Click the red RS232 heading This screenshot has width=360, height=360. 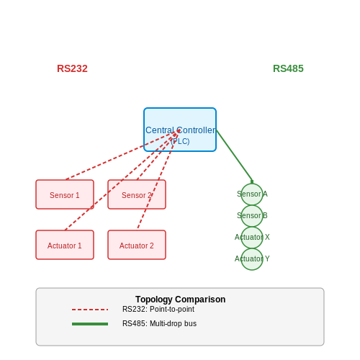point(72,68)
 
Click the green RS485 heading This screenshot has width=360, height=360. point(288,68)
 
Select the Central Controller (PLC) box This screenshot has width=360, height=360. point(180,130)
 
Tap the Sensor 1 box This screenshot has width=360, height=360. point(65,194)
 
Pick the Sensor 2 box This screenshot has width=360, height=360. point(137,194)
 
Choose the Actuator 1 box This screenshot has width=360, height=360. point(65,245)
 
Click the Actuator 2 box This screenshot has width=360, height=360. point(137,245)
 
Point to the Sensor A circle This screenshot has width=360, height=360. point(252,194)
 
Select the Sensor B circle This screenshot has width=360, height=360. point(252,216)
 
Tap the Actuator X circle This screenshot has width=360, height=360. point(252,238)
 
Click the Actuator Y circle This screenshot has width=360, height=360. point(252,259)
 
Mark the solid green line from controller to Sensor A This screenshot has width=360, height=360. point(234,156)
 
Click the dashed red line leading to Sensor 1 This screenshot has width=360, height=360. point(122,155)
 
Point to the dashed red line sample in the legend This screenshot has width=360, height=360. point(90,310)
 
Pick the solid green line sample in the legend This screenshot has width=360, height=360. point(90,324)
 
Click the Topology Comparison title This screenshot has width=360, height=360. point(181,300)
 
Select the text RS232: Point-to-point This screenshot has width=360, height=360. point(158,309)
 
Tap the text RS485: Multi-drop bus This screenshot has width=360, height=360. point(159,323)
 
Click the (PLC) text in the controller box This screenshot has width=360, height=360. point(180,141)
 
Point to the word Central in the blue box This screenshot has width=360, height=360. point(160,130)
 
